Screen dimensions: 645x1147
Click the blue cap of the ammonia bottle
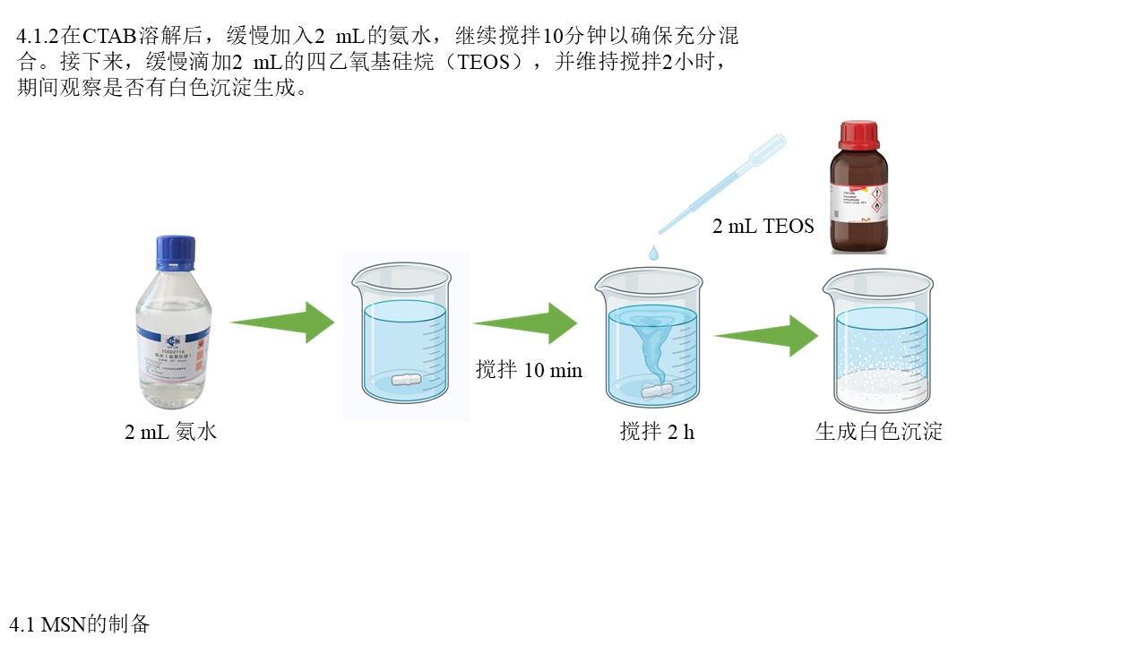(x=176, y=253)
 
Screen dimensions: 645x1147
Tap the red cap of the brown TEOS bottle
(x=858, y=135)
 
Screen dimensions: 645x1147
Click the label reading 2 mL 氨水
(x=170, y=432)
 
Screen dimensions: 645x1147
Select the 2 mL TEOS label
(x=763, y=226)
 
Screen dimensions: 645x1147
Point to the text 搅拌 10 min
(x=529, y=370)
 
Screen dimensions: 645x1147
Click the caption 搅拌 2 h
(x=657, y=432)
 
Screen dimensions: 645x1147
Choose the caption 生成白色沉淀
(x=878, y=432)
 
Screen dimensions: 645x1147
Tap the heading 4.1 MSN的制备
(x=80, y=623)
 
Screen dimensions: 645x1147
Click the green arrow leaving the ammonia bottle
(x=282, y=322)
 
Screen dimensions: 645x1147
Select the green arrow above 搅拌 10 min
(x=525, y=322)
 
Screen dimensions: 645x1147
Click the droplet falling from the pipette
(x=653, y=254)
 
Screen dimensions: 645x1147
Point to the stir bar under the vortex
(x=658, y=391)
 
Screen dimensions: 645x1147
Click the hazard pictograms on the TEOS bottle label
(x=876, y=202)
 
